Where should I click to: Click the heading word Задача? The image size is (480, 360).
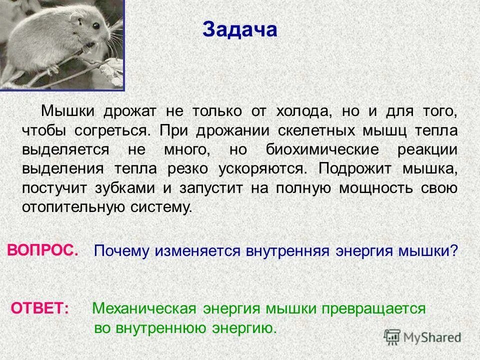pos(240,29)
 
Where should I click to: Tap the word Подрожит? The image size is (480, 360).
pos(357,168)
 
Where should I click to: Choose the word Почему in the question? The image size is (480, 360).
pos(122,251)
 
